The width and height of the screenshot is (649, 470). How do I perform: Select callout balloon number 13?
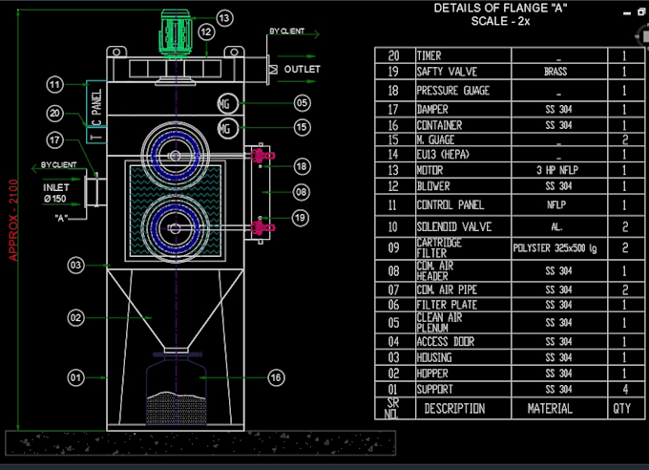pyautogui.click(x=223, y=18)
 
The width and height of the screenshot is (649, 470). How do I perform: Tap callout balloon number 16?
pyautogui.click(x=275, y=378)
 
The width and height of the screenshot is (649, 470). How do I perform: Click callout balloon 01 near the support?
pyautogui.click(x=75, y=378)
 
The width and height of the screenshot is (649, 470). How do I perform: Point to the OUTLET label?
pyautogui.click(x=301, y=70)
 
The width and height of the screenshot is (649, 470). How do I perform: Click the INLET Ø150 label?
pyautogui.click(x=56, y=193)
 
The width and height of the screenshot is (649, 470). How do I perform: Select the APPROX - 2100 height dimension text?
pyautogui.click(x=12, y=220)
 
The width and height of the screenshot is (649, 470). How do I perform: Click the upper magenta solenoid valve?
pyautogui.click(x=261, y=155)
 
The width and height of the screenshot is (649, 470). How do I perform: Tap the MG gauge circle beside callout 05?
pyautogui.click(x=225, y=102)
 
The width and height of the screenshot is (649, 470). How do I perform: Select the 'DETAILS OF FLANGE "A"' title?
pyautogui.click(x=493, y=8)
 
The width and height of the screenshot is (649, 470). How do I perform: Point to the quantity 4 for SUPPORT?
pyautogui.click(x=624, y=389)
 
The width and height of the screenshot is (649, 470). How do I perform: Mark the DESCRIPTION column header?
pyautogui.click(x=454, y=408)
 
